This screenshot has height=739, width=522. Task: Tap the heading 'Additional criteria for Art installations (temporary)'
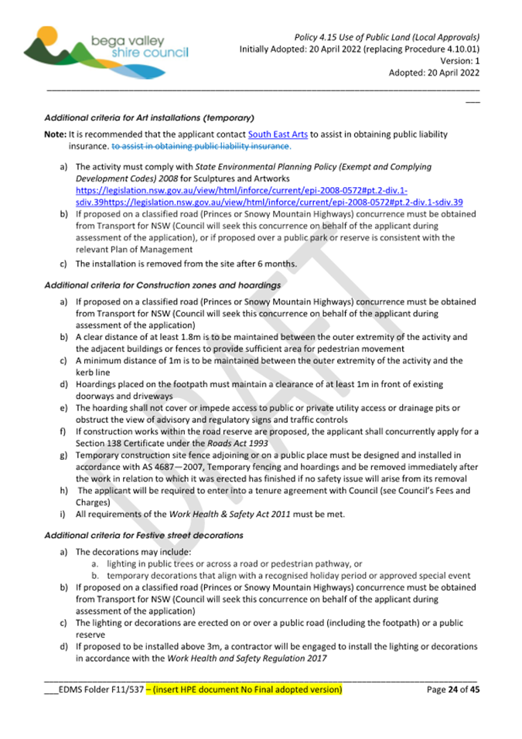pos(150,118)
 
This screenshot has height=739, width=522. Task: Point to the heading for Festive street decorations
pos(144,535)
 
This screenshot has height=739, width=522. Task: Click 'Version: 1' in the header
pos(460,60)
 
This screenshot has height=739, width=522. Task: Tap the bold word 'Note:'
pos(56,135)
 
